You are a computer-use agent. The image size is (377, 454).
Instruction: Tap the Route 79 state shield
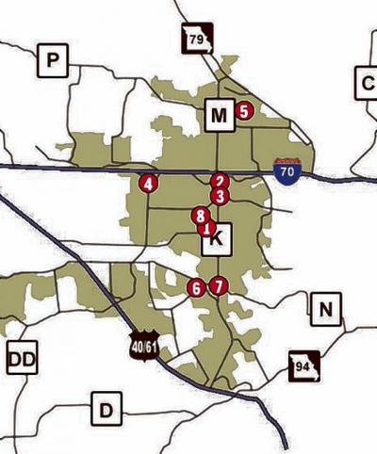[198, 40]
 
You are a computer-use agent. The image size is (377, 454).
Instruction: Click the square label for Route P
[53, 62]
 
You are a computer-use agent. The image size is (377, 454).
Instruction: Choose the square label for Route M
[219, 116]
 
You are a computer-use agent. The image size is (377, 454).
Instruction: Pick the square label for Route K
[216, 241]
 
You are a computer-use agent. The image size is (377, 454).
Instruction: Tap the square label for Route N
[325, 308]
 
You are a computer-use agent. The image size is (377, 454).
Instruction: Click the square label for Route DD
[22, 358]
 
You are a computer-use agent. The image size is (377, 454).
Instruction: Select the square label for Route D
[107, 410]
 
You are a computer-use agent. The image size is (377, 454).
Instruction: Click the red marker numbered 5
[245, 111]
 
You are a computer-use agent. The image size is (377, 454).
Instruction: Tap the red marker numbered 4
[148, 183]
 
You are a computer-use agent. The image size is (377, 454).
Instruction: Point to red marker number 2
[220, 182]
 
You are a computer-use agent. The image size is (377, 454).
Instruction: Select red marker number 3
[220, 196]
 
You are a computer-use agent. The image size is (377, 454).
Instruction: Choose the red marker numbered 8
[200, 216]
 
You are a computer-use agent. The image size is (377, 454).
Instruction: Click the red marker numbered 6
[195, 287]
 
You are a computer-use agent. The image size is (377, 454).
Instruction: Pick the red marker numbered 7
[218, 285]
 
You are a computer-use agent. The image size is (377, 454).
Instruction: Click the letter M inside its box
[219, 116]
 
